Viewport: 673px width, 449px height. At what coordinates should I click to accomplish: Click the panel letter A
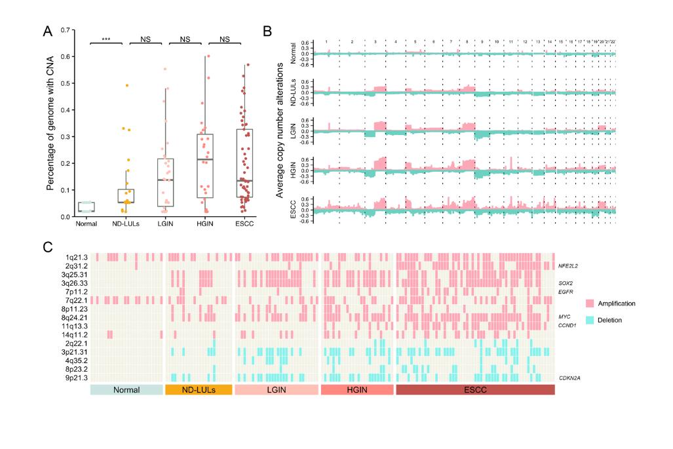pos(48,31)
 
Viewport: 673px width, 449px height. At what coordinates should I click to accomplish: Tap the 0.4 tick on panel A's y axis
pos(64,110)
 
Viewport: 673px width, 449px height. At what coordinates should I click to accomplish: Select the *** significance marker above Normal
pos(106,39)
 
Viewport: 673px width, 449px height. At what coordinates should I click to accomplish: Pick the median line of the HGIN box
pos(205,159)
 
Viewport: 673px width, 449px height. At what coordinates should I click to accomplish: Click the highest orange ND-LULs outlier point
pos(128,85)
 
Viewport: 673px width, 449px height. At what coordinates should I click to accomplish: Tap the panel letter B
pos(267,31)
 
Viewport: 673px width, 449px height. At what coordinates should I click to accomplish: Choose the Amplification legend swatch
pos(590,303)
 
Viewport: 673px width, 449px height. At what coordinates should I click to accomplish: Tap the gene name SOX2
pos(565,283)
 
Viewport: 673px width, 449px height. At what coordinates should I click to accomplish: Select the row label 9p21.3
pos(75,378)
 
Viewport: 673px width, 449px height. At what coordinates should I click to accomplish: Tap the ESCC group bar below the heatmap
pos(475,390)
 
